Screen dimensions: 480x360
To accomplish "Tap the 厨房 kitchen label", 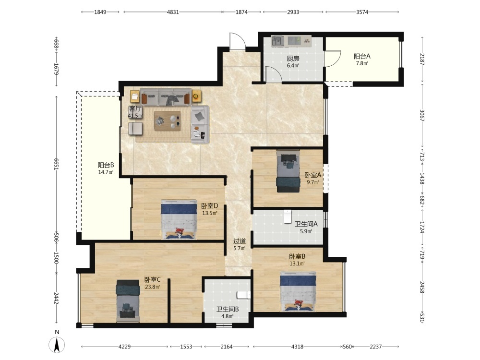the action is tap(293, 58).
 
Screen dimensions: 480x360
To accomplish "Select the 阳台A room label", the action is tap(362, 56).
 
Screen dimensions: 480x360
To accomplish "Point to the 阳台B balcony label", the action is tap(106, 165).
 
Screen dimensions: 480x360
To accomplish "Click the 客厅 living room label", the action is tap(135, 108).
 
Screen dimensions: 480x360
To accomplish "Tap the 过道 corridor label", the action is tap(240, 241).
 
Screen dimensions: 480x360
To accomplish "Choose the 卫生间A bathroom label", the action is tap(306, 224).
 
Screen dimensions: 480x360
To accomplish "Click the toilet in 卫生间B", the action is tap(244, 295).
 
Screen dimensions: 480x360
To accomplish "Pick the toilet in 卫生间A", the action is tap(288, 217).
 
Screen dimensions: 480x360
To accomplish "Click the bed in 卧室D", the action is tap(179, 219).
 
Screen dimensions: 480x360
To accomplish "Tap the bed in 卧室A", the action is tap(288, 171).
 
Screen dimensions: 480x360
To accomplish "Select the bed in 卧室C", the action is tap(128, 300).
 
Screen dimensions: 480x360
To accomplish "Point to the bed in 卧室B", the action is tap(298, 291).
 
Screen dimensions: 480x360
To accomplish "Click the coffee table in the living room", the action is tap(167, 120).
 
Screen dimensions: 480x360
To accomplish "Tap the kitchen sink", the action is tap(277, 41).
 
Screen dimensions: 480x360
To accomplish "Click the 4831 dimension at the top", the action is tap(173, 12).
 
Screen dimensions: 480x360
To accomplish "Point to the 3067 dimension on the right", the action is tap(422, 115).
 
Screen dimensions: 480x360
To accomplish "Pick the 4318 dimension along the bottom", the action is tap(297, 347).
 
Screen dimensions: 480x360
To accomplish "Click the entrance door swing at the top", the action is tap(237, 40).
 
